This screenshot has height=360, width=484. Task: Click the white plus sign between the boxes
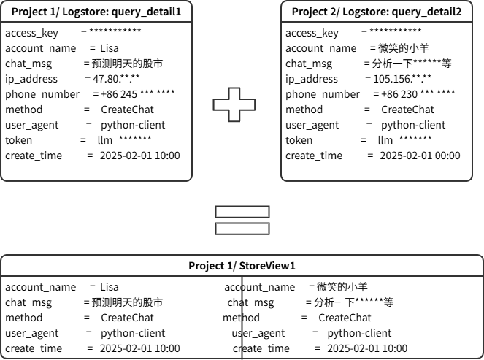coord(235,104)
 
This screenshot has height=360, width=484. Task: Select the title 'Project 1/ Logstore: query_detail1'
coord(96,12)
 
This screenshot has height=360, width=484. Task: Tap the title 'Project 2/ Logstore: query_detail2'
coord(377,12)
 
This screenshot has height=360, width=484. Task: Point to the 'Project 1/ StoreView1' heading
coord(242,266)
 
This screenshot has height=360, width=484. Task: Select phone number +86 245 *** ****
coord(134,94)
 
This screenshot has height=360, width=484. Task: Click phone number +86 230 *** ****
coord(414,94)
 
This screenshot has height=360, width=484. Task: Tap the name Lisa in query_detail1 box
coord(109,48)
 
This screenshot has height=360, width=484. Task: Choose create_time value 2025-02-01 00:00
coord(420,156)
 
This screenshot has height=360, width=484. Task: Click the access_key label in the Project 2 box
coord(312,33)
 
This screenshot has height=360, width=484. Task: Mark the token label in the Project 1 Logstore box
coord(18,140)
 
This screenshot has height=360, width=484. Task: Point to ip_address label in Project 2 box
coord(312,79)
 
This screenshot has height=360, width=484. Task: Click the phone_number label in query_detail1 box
coord(42,94)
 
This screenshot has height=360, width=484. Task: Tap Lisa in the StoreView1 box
coord(109,287)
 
